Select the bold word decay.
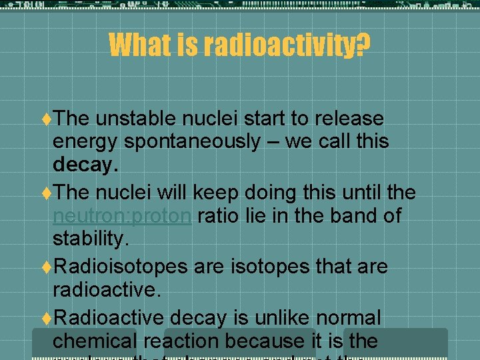click(x=85, y=165)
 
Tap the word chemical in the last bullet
click(x=93, y=341)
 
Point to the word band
click(x=347, y=215)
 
